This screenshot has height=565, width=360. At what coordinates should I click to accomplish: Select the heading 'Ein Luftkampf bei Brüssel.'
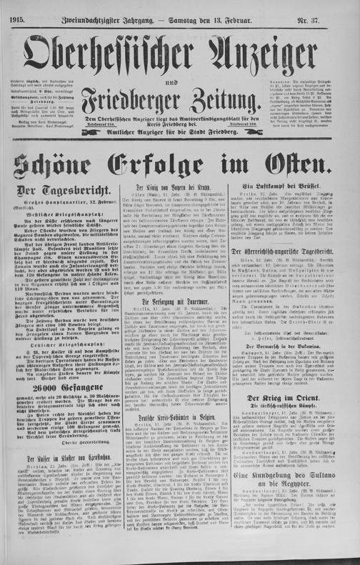pyautogui.click(x=299, y=206)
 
